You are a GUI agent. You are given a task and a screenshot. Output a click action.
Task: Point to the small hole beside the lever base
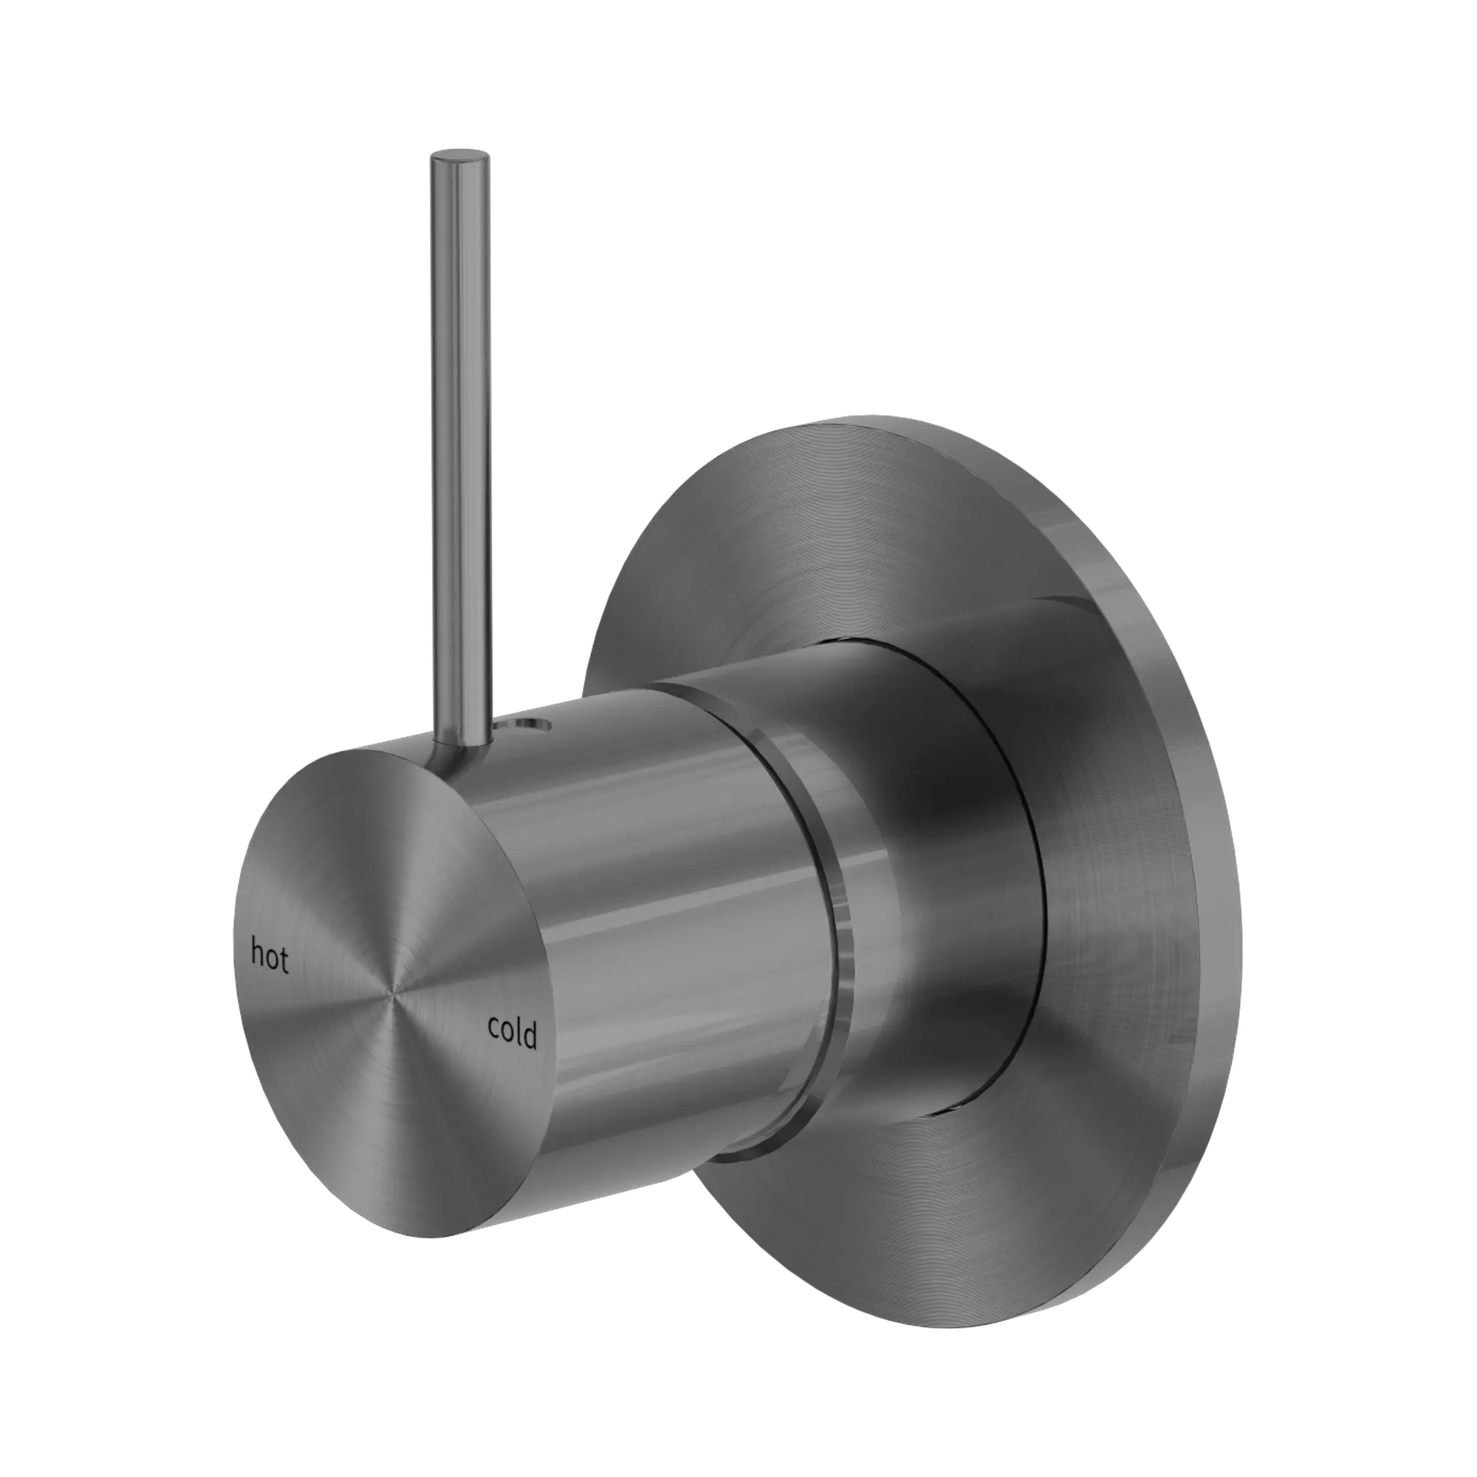(x=530, y=723)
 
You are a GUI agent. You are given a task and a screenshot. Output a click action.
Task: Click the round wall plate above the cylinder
(x=764, y=535)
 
